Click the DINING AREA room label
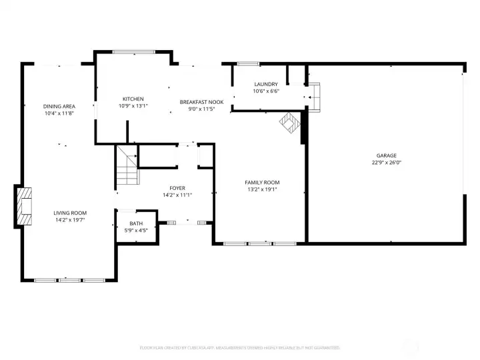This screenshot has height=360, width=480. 59,106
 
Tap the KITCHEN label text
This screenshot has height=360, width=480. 133,99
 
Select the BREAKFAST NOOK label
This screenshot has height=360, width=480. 197,102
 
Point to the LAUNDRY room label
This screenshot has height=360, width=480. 266,84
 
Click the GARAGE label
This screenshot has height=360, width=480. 386,155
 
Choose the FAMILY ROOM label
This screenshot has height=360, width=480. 262,182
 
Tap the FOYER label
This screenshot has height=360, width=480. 177,189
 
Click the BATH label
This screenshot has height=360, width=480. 136,223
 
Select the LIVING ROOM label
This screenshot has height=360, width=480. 71,213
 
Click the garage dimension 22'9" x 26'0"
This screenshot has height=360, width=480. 386,162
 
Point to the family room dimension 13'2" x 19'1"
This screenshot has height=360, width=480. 262,189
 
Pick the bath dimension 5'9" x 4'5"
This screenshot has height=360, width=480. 136,230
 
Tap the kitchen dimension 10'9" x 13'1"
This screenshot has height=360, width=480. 133,105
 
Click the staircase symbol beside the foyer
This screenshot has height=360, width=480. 127,166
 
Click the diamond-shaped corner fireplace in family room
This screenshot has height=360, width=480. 289,123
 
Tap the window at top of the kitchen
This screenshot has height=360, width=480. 133,51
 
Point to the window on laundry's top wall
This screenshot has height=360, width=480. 249,64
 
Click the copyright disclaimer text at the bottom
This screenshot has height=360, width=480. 239,347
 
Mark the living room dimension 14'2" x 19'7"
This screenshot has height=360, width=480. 71,219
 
